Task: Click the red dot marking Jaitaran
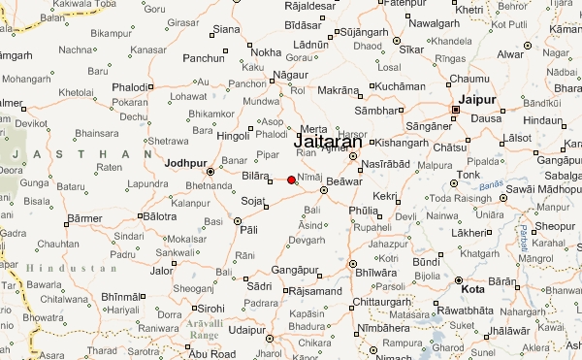click(x=291, y=180)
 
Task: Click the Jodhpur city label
click(x=188, y=162)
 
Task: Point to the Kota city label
click(x=474, y=289)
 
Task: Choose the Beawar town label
click(x=345, y=181)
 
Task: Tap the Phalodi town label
click(x=131, y=87)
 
